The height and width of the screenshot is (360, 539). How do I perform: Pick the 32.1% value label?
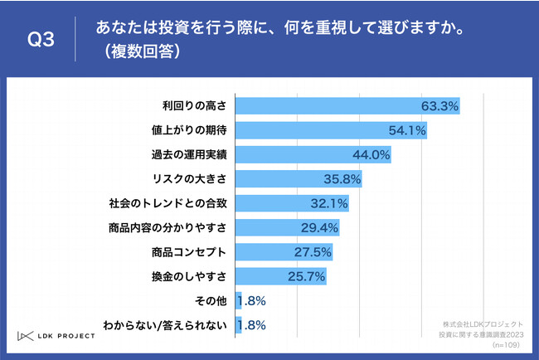[328, 203]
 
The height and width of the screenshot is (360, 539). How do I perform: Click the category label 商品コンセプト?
[190, 251]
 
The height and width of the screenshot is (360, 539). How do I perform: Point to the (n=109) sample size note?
[507, 343]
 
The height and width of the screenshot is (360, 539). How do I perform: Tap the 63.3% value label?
[439, 106]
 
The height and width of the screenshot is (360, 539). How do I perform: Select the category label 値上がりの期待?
[195, 131]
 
